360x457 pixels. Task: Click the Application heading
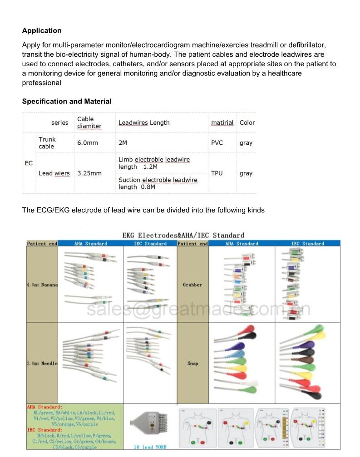pyautogui.click(x=42, y=31)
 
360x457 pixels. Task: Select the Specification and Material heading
pyautogui.click(x=67, y=102)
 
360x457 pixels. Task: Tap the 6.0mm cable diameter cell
pyautogui.click(x=88, y=143)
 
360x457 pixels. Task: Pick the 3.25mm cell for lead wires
pyautogui.click(x=89, y=173)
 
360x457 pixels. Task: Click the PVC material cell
pyautogui.click(x=217, y=143)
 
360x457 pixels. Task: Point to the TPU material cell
pyautogui.click(x=217, y=173)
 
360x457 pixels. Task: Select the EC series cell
pyautogui.click(x=29, y=163)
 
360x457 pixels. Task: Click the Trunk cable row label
pyautogui.click(x=47, y=143)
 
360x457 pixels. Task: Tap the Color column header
pyautogui.click(x=247, y=123)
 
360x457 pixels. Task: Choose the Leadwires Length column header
pyautogui.click(x=144, y=123)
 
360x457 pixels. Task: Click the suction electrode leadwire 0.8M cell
pyautogui.click(x=158, y=183)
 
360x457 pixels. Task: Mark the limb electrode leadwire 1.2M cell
pyautogui.click(x=154, y=163)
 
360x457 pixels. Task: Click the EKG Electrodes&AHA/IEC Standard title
pyautogui.click(x=183, y=235)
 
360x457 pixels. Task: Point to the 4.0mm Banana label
pyautogui.click(x=42, y=285)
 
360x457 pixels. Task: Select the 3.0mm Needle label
pyautogui.click(x=42, y=364)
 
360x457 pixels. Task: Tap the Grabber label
pyautogui.click(x=192, y=285)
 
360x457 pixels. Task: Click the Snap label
pyautogui.click(x=192, y=364)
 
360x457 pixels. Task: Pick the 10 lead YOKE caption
pyautogui.click(x=150, y=447)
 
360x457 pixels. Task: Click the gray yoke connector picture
pyautogui.click(x=150, y=424)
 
